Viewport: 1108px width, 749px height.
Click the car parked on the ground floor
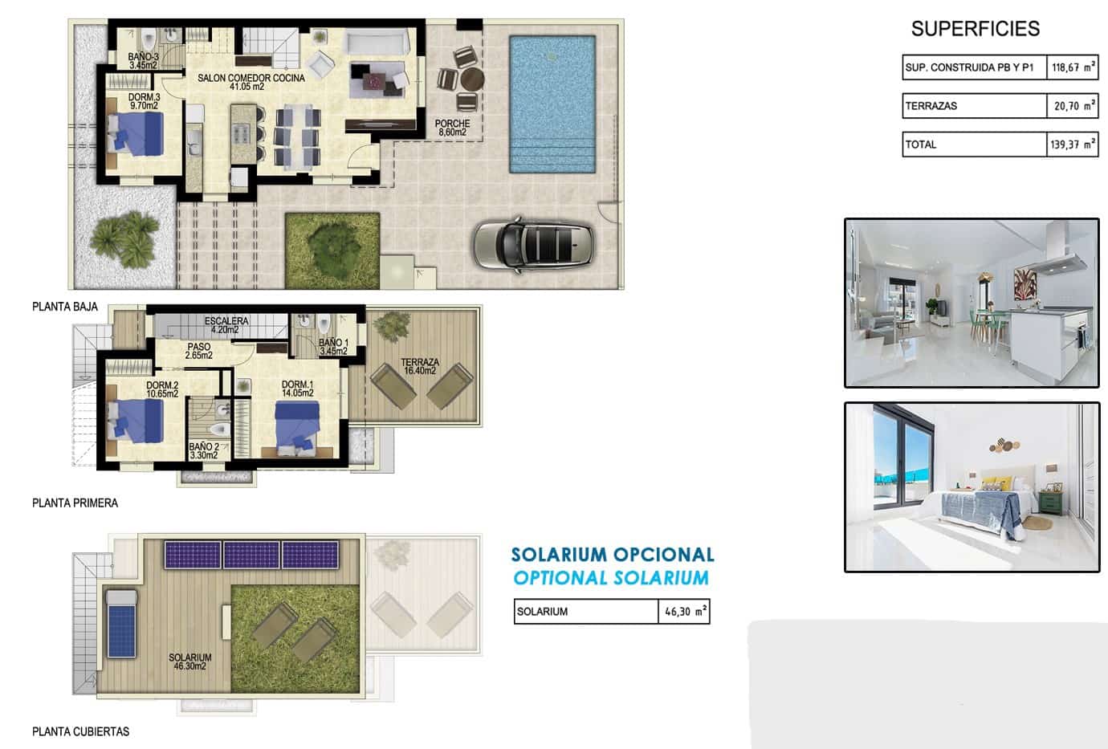(532, 244)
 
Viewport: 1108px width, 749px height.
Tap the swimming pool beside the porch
(552, 103)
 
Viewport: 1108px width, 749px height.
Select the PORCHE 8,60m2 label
(452, 128)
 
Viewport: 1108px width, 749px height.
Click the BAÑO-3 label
(144, 61)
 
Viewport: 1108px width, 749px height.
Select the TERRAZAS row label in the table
(931, 106)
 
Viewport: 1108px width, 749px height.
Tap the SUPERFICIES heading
(975, 29)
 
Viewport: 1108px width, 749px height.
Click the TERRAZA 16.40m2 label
(420, 366)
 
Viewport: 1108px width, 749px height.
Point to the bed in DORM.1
(303, 425)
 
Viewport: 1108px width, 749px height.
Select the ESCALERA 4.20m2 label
(226, 324)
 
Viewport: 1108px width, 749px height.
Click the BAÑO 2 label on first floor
(204, 451)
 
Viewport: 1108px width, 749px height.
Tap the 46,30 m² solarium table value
(684, 612)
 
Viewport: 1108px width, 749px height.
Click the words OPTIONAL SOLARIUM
(611, 578)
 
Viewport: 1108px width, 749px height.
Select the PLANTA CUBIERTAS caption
(80, 732)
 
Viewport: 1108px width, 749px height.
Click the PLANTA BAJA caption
(65, 307)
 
